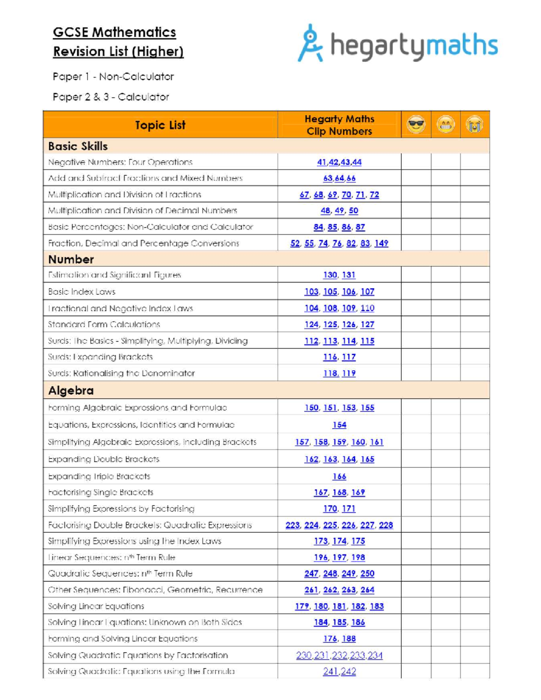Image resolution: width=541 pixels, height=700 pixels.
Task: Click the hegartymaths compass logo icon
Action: [x=310, y=43]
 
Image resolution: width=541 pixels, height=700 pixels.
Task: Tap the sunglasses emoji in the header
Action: [x=416, y=124]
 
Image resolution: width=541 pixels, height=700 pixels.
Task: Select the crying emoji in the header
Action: [x=475, y=124]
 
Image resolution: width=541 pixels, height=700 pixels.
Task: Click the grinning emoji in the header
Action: [x=445, y=124]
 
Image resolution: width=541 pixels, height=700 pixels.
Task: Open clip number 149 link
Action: [x=381, y=243]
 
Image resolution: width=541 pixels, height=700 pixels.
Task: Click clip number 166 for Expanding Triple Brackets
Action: [x=339, y=476]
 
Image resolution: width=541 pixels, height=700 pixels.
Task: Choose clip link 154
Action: [x=339, y=425]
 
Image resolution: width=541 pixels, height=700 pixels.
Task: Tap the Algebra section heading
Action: [x=71, y=390]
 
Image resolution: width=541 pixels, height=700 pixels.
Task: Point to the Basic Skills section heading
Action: [x=78, y=146]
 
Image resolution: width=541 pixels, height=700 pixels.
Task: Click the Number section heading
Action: [x=71, y=259]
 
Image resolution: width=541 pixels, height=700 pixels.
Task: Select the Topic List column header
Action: [x=160, y=125]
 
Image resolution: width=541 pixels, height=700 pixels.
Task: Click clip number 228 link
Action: [x=385, y=525]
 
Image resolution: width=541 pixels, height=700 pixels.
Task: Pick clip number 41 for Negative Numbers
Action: [x=321, y=162]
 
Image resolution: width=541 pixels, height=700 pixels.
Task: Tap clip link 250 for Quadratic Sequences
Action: [x=367, y=574]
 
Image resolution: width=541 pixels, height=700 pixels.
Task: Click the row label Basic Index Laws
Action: [x=82, y=292]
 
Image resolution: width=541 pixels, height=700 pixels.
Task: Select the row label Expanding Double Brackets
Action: [x=104, y=459]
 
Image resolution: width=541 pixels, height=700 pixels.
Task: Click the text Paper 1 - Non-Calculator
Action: [x=113, y=77]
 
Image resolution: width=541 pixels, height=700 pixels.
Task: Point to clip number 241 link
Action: [x=330, y=672]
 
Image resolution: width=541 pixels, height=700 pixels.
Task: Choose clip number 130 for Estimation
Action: [x=330, y=275]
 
